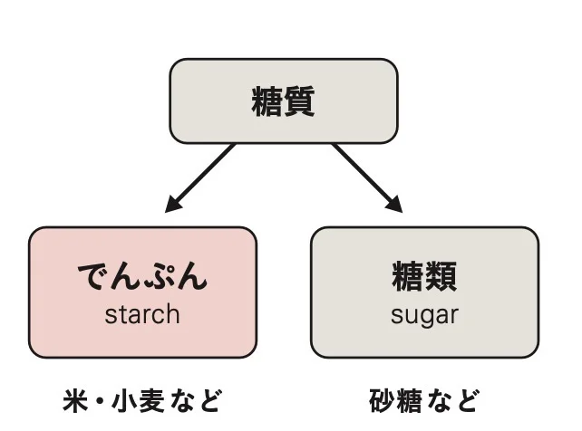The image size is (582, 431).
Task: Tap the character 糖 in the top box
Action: pyautogui.click(x=267, y=101)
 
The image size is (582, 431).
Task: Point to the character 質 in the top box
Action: pyautogui.click(x=300, y=101)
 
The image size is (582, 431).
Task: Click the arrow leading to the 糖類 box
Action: pyautogui.click(x=367, y=177)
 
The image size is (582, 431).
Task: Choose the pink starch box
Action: pyautogui.click(x=142, y=292)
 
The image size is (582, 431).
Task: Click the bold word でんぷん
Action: pyautogui.click(x=142, y=275)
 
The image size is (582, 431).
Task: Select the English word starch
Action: pyautogui.click(x=142, y=314)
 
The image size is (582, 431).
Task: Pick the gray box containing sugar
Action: pyautogui.click(x=424, y=292)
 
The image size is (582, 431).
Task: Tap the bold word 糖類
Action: pyautogui.click(x=424, y=275)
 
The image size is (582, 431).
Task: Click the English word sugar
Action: pyautogui.click(x=424, y=314)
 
